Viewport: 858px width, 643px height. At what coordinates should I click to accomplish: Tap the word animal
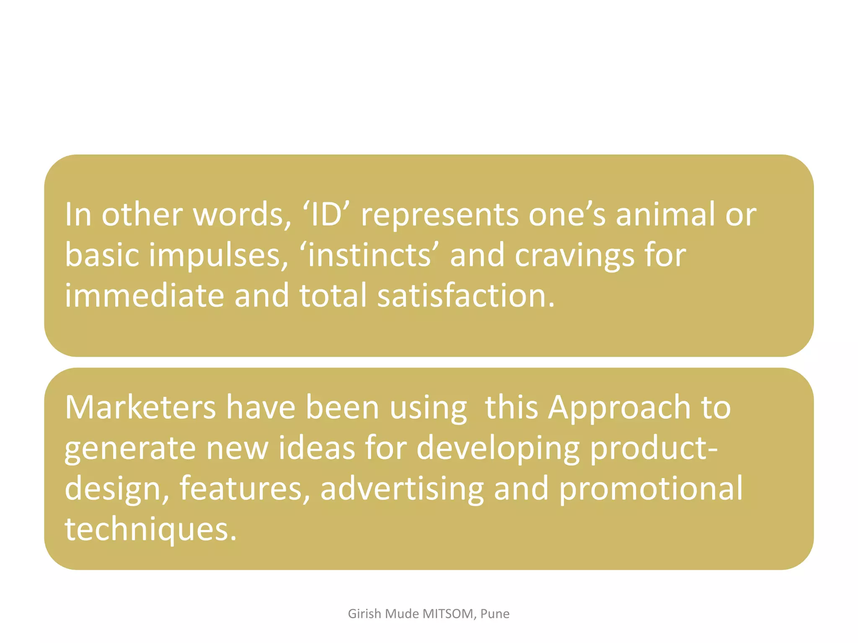pyautogui.click(x=665, y=214)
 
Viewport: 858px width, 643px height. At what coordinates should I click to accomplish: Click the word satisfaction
pyautogui.click(x=466, y=296)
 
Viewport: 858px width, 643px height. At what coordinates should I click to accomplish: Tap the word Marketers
pyautogui.click(x=140, y=407)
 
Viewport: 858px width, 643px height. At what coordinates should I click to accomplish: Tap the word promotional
pyautogui.click(x=651, y=489)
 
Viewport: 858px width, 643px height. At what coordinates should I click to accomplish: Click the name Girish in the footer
pyautogui.click(x=364, y=614)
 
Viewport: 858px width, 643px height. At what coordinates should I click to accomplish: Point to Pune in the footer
pyautogui.click(x=495, y=614)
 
